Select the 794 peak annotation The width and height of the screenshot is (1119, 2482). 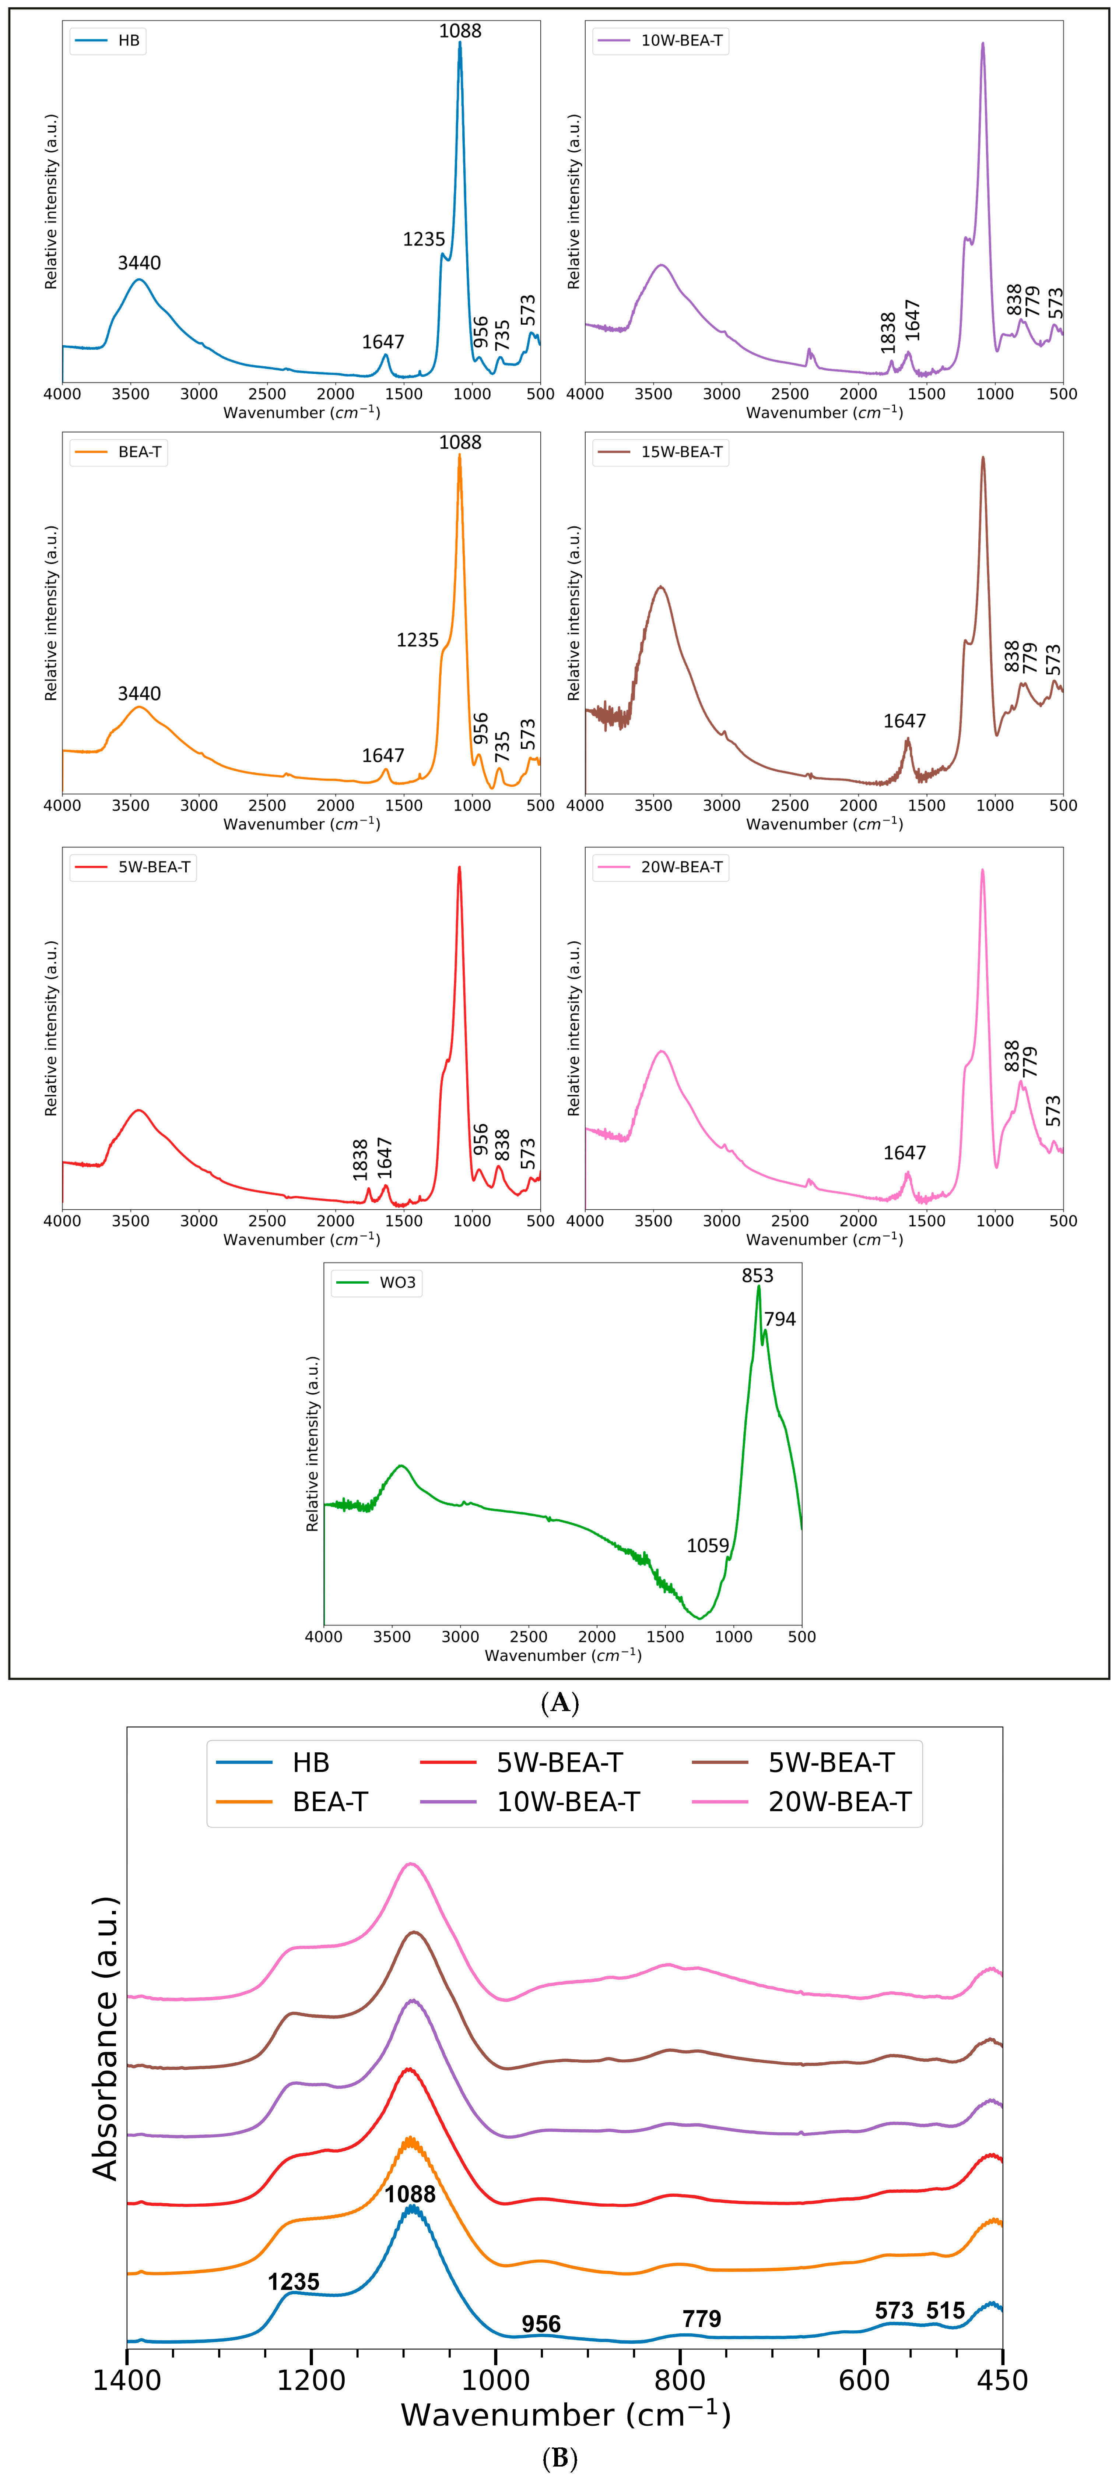click(x=780, y=1319)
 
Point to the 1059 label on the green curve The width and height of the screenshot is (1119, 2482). click(x=708, y=1545)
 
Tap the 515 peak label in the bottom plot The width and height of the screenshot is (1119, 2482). click(x=946, y=2310)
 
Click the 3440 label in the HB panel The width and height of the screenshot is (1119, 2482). click(x=139, y=263)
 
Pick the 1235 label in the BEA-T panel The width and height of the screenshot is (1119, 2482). click(x=417, y=640)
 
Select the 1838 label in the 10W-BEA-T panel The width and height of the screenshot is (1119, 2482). click(x=889, y=332)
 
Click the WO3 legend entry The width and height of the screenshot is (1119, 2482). click(x=397, y=1283)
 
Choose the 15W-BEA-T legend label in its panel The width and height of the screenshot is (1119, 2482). click(x=681, y=452)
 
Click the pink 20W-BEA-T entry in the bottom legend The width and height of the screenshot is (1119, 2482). click(x=839, y=1802)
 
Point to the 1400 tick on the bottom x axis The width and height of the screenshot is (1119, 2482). click(x=126, y=2381)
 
